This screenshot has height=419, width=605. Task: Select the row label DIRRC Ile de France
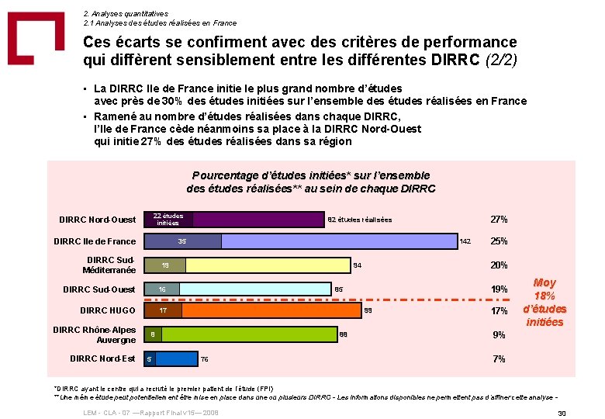pos(95,241)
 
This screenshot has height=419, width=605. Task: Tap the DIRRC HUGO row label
pos(108,311)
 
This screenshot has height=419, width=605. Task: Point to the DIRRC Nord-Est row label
pos(102,358)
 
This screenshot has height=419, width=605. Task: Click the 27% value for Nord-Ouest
pos(499,220)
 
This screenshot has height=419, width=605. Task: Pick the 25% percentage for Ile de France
pos(499,241)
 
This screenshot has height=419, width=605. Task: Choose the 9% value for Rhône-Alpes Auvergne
pos(500,335)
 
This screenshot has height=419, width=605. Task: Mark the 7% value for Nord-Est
pos(500,358)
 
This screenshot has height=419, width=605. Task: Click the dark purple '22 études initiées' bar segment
pos(169,220)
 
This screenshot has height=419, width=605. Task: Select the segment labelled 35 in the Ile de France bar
pos(183,241)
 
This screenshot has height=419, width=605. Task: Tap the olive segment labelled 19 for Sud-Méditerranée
pos(166,265)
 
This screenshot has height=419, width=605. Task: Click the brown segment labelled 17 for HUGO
pos(164,311)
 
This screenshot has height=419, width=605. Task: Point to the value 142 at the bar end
pos(465,242)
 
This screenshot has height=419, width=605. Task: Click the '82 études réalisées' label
pos(360,220)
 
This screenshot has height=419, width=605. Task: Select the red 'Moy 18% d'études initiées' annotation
pos(545,303)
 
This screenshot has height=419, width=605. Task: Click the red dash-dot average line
pos(434,300)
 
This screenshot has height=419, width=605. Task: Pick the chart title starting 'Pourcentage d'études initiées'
pos(311,182)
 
